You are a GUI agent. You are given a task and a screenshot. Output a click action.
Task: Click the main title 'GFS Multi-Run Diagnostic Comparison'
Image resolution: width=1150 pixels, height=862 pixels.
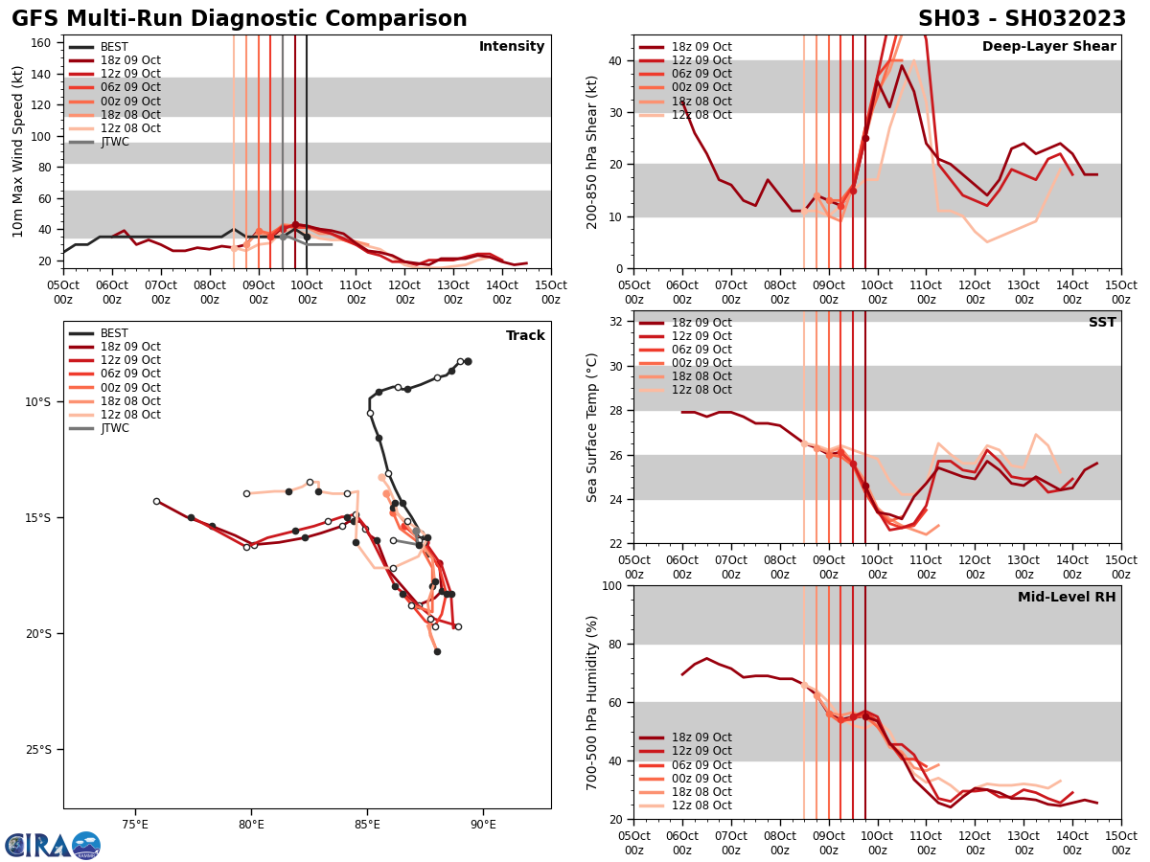click(x=240, y=19)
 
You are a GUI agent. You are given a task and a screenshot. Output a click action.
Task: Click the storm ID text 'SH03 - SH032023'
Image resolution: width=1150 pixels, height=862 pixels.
click(x=1022, y=19)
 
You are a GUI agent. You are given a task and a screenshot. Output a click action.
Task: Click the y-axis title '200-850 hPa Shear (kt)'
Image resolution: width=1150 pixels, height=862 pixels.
click(x=593, y=152)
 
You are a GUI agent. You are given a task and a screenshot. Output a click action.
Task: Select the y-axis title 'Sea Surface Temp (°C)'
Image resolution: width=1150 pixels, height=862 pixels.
click(x=593, y=427)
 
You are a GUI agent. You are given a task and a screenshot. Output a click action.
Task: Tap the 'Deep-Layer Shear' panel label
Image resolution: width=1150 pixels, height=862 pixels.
click(x=1048, y=47)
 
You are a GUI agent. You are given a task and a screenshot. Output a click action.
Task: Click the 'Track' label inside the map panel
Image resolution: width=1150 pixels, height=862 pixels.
click(x=525, y=336)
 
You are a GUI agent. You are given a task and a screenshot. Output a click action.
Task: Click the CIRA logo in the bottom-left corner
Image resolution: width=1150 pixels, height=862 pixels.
click(x=53, y=845)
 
